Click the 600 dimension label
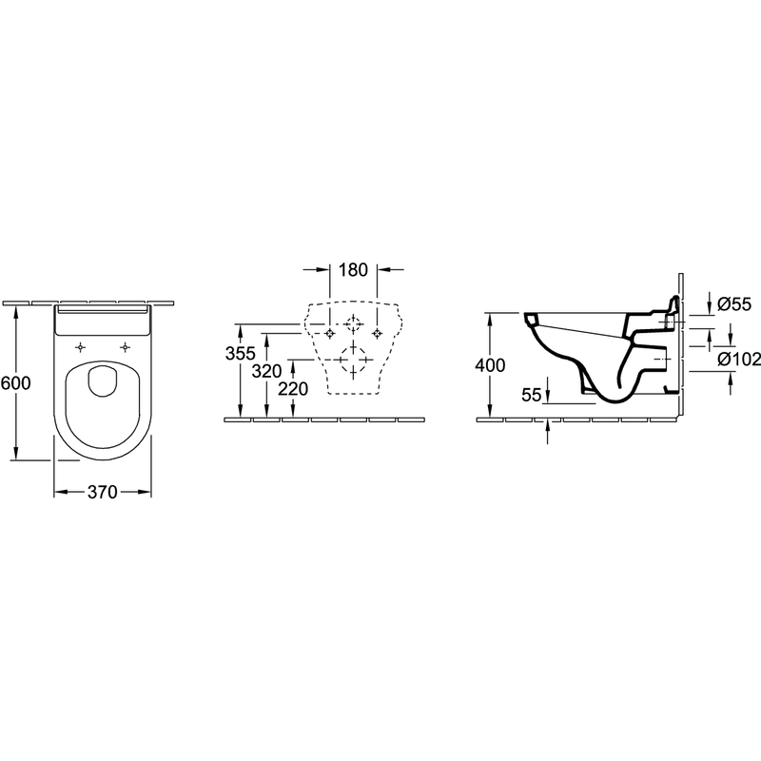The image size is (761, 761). [x=15, y=383]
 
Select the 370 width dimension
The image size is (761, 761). [x=103, y=492]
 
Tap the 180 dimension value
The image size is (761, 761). [x=353, y=270]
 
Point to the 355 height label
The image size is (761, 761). [x=241, y=353]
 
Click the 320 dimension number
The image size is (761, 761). [x=266, y=371]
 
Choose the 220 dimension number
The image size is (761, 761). [x=293, y=389]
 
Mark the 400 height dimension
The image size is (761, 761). [x=490, y=365]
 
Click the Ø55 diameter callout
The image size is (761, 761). [x=734, y=304]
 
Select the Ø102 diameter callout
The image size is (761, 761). [x=739, y=360]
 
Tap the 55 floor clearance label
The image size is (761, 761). [x=532, y=395]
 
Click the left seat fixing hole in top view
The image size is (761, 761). [x=81, y=347]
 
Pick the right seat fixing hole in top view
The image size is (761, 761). [x=126, y=347]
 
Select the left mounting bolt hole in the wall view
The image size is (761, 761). [x=330, y=333]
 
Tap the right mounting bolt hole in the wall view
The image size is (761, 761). [x=377, y=333]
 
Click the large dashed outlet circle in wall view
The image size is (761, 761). [x=353, y=360]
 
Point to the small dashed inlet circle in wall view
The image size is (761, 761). [x=353, y=323]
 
